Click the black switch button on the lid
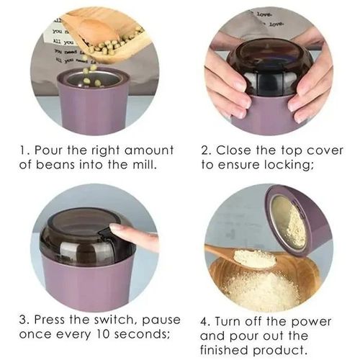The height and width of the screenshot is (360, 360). tap(105, 234)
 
